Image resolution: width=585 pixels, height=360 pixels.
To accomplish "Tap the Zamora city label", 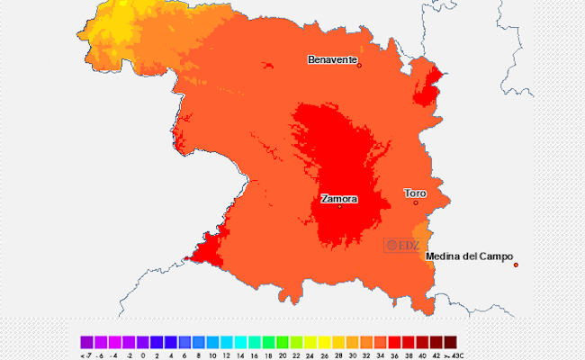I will (338, 198).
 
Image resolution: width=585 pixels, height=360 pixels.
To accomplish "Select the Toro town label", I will (415, 193).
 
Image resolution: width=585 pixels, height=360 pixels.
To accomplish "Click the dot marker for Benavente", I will (359, 65).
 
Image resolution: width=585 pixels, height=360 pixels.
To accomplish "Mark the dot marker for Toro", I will (416, 202).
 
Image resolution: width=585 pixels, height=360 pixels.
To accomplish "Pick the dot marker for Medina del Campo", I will (516, 265).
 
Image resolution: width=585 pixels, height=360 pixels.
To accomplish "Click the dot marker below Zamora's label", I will (339, 206).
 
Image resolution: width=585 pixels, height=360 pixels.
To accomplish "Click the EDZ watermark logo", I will (402, 244).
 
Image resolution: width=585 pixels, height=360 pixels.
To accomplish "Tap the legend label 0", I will (143, 355).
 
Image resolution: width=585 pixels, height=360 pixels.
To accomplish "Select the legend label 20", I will (283, 355).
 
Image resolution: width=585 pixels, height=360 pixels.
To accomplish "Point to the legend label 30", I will (352, 355).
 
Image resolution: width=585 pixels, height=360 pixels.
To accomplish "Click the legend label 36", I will (394, 355).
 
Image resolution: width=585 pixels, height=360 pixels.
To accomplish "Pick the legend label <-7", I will (85, 355).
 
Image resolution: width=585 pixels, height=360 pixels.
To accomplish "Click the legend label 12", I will (227, 355).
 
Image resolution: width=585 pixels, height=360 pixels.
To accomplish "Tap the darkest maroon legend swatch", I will (450, 342).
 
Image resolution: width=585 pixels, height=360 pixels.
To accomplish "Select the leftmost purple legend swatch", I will (86, 342).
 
